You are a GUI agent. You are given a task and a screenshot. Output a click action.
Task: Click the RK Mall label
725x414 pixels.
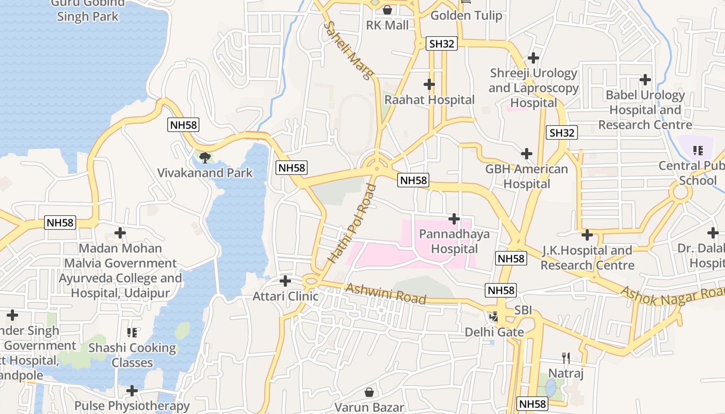pos(387,25)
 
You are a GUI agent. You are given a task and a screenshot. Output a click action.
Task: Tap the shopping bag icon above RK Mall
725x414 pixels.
pos(387,10)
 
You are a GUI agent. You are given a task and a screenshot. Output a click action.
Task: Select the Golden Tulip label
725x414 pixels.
pos(466,16)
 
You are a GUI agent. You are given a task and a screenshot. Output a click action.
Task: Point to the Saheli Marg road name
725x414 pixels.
pos(348,50)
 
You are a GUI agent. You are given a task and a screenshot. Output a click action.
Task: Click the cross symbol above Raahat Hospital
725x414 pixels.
pos(429,84)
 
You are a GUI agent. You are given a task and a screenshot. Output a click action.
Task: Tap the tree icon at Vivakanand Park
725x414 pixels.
pos(205,157)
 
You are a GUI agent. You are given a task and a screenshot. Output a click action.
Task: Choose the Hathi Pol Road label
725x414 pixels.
pos(352,223)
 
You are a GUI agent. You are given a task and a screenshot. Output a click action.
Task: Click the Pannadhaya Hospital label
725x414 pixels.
pos(454,242)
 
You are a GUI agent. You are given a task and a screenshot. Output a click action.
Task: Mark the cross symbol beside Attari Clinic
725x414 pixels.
pos(285,281)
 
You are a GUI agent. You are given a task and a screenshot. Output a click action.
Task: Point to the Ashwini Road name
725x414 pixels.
pos(386,293)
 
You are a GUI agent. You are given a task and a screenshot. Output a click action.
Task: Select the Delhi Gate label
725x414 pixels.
pos(494,332)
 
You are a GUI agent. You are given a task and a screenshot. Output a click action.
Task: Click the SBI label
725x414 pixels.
pos(523,312)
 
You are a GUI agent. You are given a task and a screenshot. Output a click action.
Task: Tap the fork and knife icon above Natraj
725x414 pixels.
pos(566,357)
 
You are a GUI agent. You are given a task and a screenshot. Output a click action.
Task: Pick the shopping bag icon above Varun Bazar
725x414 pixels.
pos(369,392)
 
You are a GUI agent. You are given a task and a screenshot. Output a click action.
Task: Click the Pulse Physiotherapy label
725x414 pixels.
pos(132,406)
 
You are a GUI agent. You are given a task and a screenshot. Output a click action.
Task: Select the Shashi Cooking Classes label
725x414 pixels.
pos(132,355)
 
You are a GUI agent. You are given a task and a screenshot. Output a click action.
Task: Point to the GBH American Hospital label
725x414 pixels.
pos(527,176)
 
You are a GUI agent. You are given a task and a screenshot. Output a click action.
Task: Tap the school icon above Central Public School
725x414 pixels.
pos(698,151)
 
